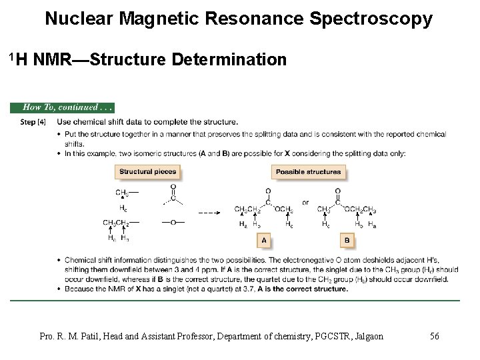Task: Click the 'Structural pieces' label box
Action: (x=148, y=171)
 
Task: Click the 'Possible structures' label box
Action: (x=308, y=171)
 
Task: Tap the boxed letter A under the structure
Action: (x=264, y=240)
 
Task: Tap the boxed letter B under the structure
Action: (x=347, y=240)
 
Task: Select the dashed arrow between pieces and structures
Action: (x=209, y=213)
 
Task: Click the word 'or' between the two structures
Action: (x=305, y=202)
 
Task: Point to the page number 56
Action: (x=434, y=336)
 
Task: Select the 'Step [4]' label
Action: (x=33, y=122)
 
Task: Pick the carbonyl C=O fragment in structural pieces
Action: (x=173, y=197)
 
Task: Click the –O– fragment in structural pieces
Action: (x=173, y=222)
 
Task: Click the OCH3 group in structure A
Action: (x=283, y=209)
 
